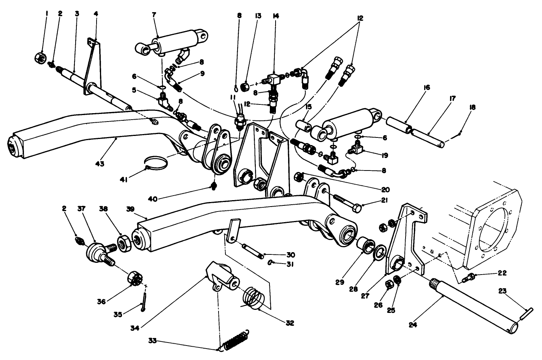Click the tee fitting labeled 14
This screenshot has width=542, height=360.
click(x=275, y=79)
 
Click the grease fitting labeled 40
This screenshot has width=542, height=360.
click(x=214, y=186)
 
